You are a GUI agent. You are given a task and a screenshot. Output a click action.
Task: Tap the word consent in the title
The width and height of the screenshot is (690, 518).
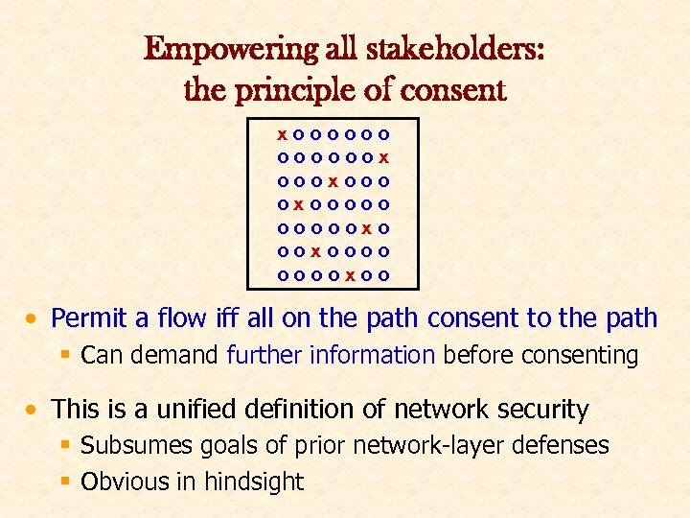(x=451, y=90)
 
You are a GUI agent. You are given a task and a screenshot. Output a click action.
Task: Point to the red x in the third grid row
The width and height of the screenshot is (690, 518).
(x=333, y=179)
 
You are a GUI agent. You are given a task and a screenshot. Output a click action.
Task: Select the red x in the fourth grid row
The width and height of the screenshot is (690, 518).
(x=299, y=203)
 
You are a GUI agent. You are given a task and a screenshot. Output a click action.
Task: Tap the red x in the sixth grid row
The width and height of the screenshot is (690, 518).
(x=316, y=252)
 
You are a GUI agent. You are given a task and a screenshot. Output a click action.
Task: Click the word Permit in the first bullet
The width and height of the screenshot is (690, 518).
(x=89, y=318)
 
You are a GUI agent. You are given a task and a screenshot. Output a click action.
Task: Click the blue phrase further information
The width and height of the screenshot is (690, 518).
(x=331, y=356)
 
